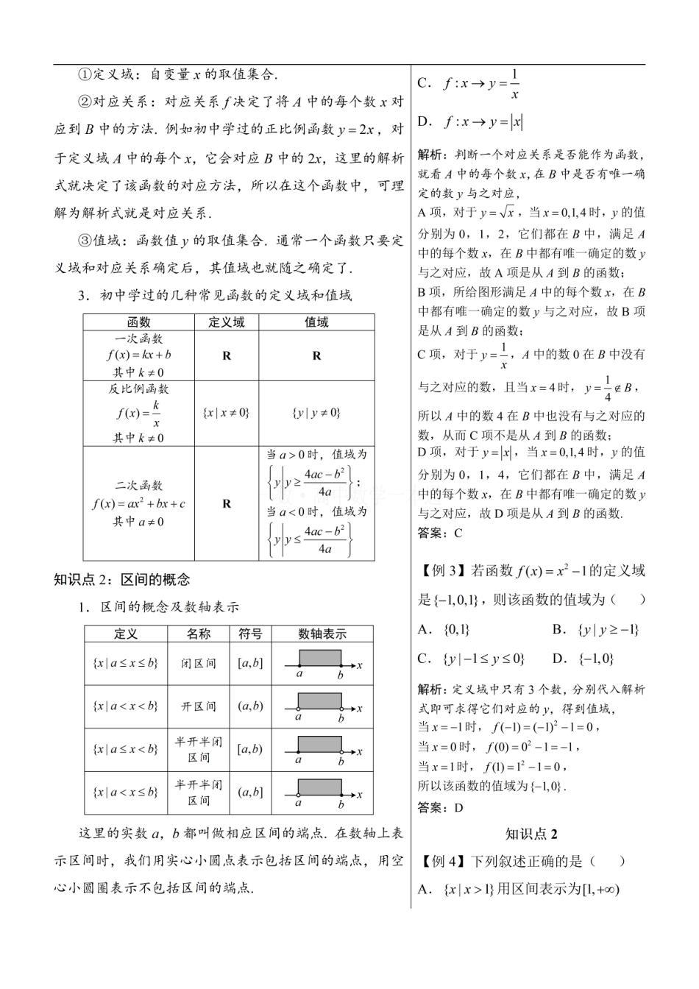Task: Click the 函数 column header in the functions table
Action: pyautogui.click(x=138, y=322)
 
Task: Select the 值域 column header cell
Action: pyautogui.click(x=316, y=322)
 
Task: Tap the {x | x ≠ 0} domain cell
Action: pyautogui.click(x=226, y=413)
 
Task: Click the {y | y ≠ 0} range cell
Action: pyautogui.click(x=316, y=413)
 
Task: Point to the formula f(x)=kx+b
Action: pyautogui.click(x=139, y=355)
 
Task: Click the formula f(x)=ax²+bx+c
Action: pyautogui.click(x=139, y=504)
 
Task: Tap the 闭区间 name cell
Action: pyautogui.click(x=199, y=663)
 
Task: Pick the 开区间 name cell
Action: pyautogui.click(x=199, y=706)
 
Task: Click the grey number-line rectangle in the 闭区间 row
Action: pyautogui.click(x=319, y=657)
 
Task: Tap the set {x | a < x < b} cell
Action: pyautogui.click(x=126, y=706)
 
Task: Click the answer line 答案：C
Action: pyautogui.click(x=440, y=534)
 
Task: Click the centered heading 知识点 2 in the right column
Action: pyautogui.click(x=531, y=834)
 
